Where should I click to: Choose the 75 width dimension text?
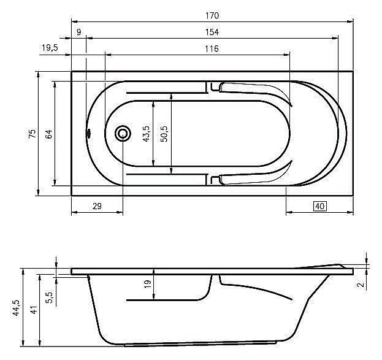[32, 134]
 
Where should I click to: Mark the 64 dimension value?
[50, 134]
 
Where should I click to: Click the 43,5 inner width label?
[146, 134]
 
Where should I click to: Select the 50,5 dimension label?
[164, 134]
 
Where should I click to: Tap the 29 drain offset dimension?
[97, 206]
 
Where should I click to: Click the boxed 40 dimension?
[319, 206]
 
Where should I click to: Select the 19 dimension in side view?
[147, 285]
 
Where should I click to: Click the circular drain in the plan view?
[123, 133]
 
